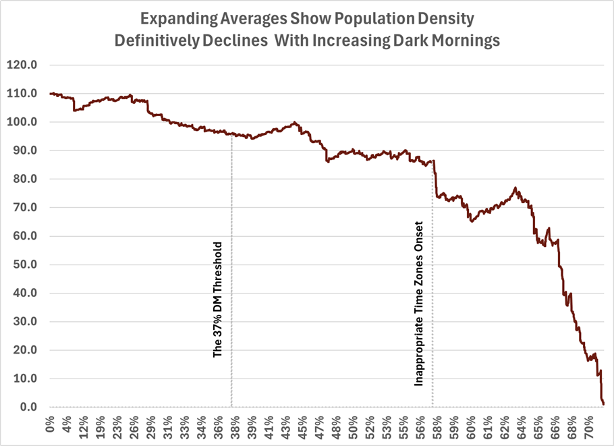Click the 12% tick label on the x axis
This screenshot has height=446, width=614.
84,426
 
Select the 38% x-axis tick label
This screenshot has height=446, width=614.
235,426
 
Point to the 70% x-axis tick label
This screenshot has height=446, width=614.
589,426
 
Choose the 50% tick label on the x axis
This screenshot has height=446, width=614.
354,426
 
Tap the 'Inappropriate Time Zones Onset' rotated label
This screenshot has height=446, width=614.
419,303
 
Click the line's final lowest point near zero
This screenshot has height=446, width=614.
603,403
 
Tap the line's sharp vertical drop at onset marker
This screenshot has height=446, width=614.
435,179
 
